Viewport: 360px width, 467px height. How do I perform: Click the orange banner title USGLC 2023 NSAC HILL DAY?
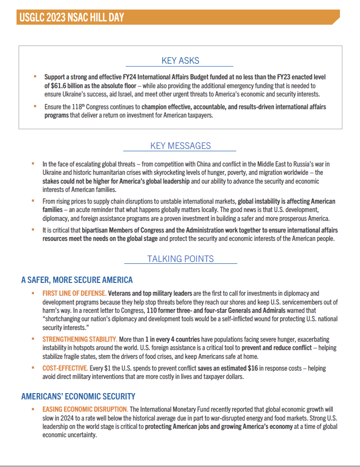click(71, 18)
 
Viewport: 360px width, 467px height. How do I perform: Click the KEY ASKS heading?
click(180, 61)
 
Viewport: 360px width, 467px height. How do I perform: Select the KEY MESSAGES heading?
click(180, 146)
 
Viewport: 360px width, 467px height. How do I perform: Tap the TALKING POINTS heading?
click(180, 259)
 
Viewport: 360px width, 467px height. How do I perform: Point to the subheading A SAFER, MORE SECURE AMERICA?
click(77, 280)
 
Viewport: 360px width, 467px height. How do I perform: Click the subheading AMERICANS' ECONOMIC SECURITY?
click(78, 397)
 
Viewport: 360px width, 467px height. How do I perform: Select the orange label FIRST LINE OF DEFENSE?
click(74, 293)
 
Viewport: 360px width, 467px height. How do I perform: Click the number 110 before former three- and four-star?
click(151, 311)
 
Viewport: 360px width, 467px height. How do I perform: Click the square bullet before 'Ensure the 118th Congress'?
click(35, 106)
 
